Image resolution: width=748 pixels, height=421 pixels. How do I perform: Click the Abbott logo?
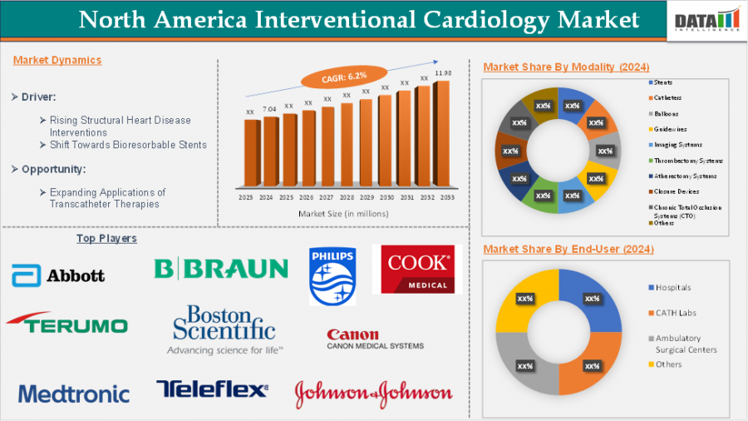(58, 275)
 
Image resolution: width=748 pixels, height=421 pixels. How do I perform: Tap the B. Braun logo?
(221, 268)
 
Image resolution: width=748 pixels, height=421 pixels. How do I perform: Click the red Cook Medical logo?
(417, 269)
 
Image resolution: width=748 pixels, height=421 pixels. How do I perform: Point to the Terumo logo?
(66, 324)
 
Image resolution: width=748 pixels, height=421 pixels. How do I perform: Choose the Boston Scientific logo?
(224, 329)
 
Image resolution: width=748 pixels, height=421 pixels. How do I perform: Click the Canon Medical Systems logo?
(375, 339)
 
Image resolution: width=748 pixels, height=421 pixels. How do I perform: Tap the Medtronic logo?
(74, 394)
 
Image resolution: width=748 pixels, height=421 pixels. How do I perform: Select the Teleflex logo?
(213, 389)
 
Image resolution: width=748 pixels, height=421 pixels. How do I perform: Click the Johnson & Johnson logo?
(374, 393)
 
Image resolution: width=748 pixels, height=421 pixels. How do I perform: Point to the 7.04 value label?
(268, 109)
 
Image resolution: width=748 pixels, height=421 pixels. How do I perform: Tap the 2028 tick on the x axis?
(347, 198)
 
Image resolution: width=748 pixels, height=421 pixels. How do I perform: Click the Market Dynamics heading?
(57, 60)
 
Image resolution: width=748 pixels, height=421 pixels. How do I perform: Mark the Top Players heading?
(106, 239)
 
